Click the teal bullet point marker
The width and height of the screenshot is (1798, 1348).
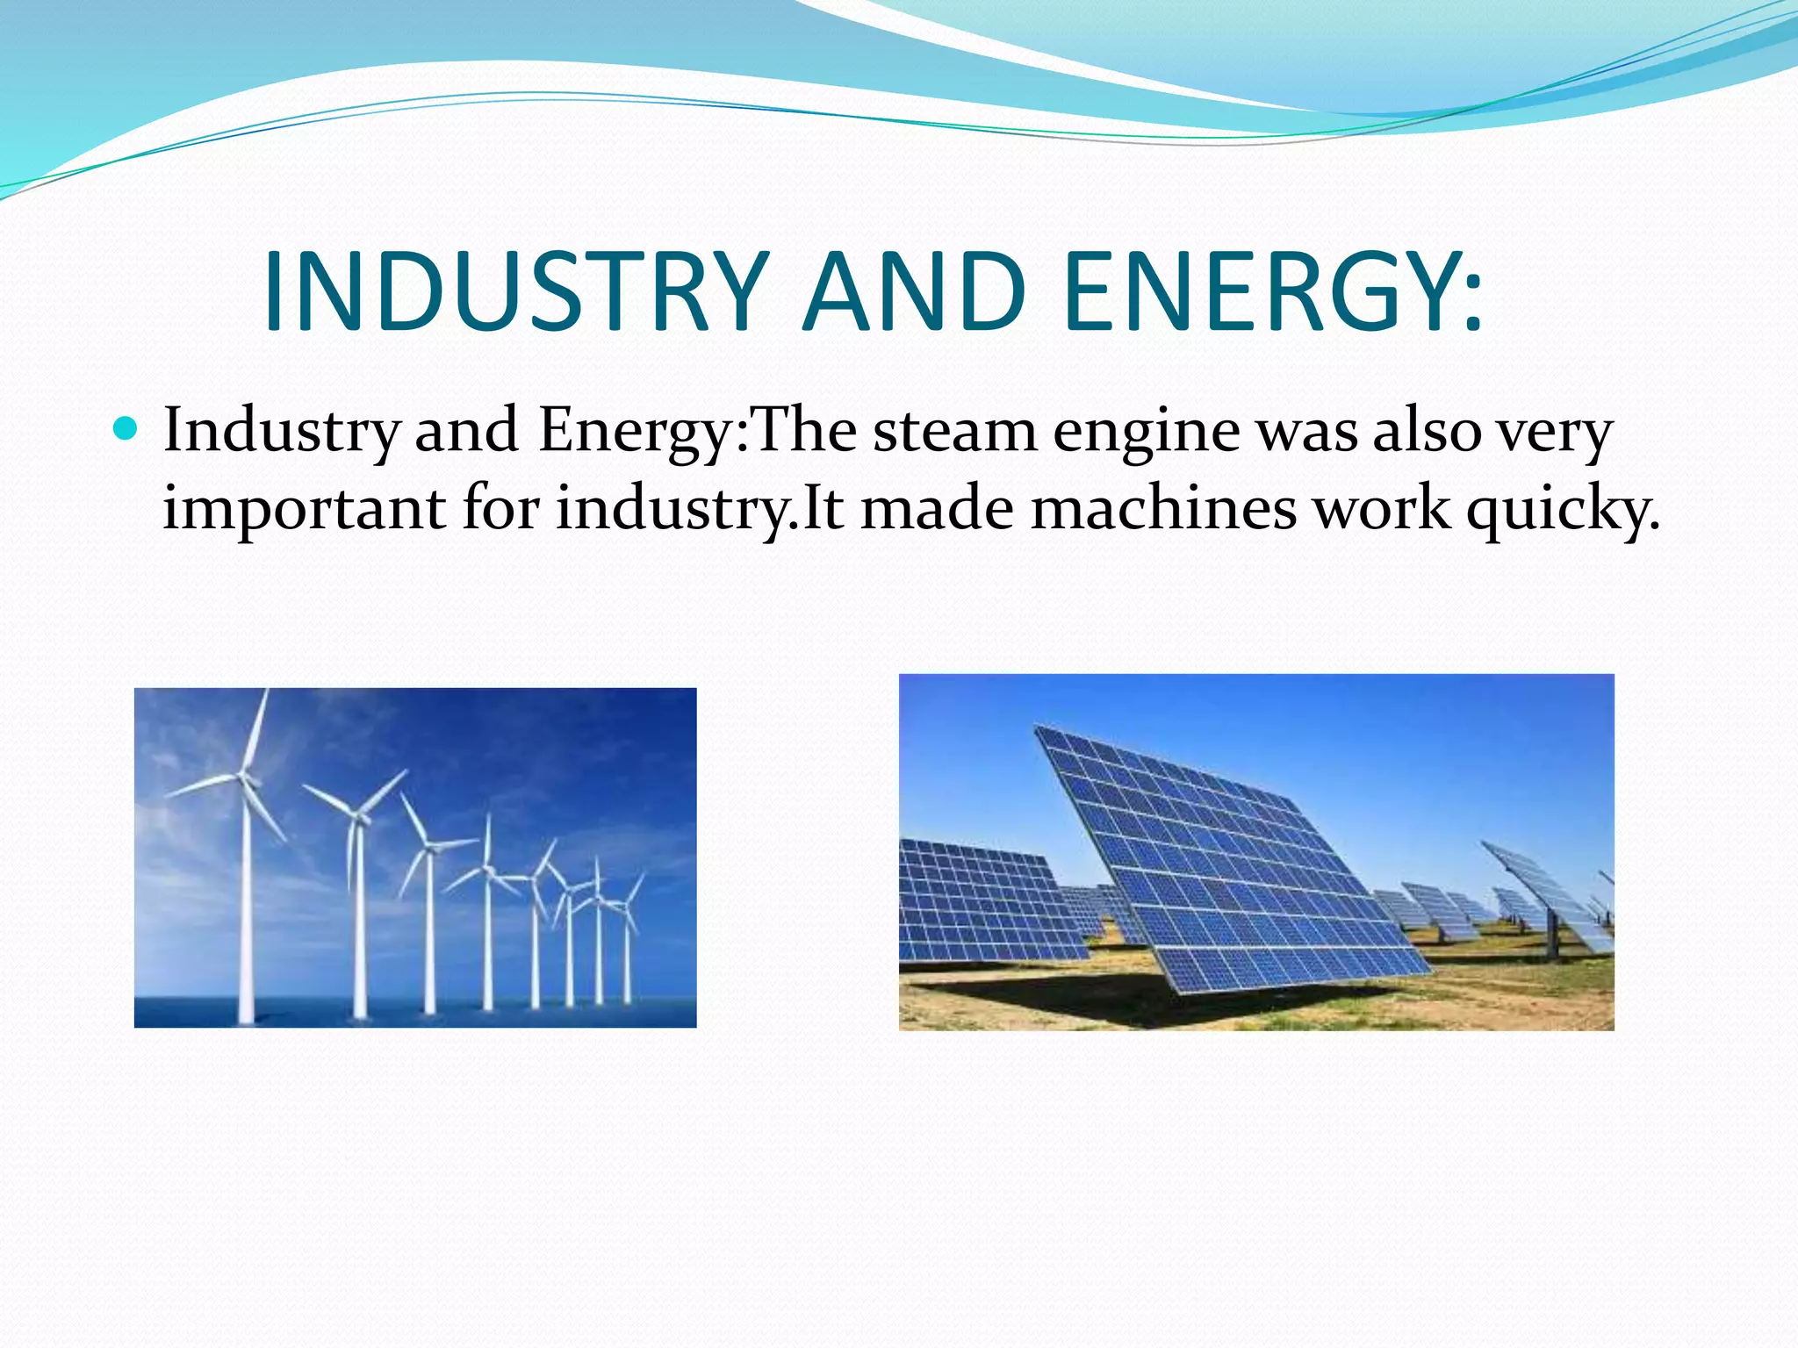tap(126, 429)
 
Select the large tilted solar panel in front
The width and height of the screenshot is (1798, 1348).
tap(1229, 860)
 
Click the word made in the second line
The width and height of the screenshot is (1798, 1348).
tap(937, 509)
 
